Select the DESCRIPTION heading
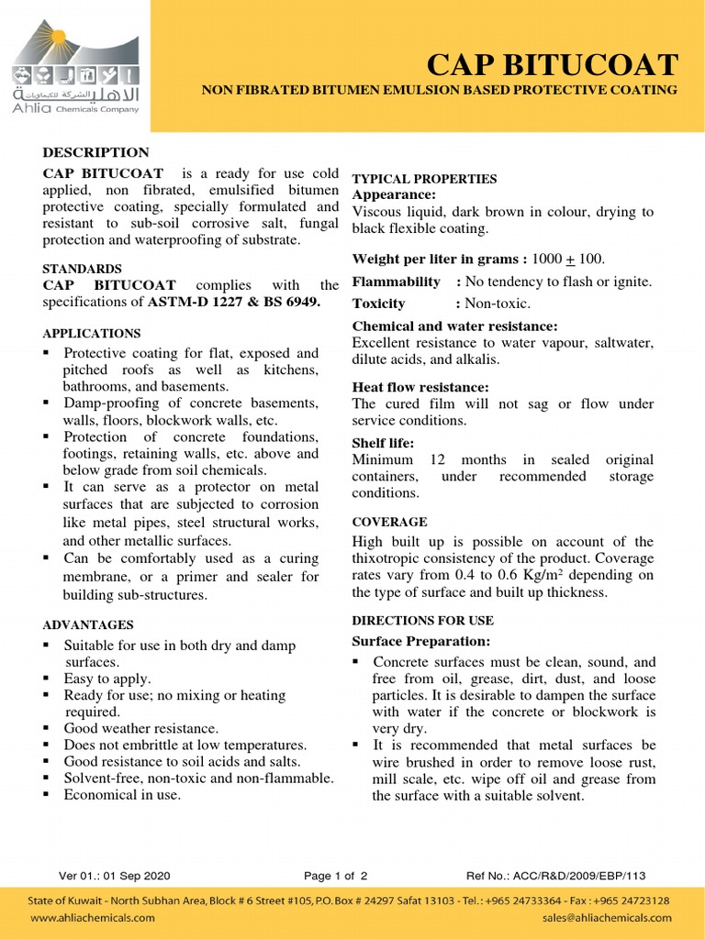click(x=96, y=152)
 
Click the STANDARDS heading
click(x=83, y=269)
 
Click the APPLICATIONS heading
click(x=92, y=334)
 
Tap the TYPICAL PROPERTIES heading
click(x=425, y=179)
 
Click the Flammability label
click(x=397, y=282)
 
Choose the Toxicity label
click(x=379, y=304)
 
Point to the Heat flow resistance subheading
click(x=420, y=387)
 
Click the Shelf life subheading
click(x=384, y=443)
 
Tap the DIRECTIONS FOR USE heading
click(x=423, y=621)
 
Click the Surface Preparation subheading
click(x=421, y=641)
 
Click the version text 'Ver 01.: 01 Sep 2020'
click(x=115, y=876)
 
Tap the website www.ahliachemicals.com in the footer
click(x=93, y=917)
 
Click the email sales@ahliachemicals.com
click(x=607, y=917)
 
